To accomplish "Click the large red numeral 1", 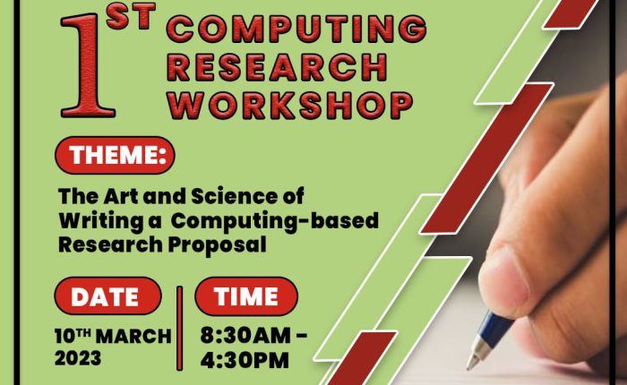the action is pyautogui.click(x=88, y=66).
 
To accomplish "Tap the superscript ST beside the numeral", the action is pyautogui.click(x=131, y=17).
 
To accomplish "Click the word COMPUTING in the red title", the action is pyautogui.click(x=296, y=29).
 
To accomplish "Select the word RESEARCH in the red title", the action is pyautogui.click(x=278, y=67).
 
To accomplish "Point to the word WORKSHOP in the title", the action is pyautogui.click(x=290, y=106).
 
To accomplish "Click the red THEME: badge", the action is pyautogui.click(x=116, y=155).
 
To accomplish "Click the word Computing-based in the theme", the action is pyautogui.click(x=274, y=221).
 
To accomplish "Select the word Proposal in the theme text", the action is pyautogui.click(x=217, y=245).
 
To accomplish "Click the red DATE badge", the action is pyautogui.click(x=108, y=296).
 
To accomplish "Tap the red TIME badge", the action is pyautogui.click(x=246, y=296).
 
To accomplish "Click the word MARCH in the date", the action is pyautogui.click(x=134, y=337).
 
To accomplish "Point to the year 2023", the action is pyautogui.click(x=78, y=358).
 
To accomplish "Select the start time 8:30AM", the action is pyautogui.click(x=246, y=336).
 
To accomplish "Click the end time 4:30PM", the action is pyautogui.click(x=245, y=361).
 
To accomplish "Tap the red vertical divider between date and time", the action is pyautogui.click(x=180, y=328).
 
